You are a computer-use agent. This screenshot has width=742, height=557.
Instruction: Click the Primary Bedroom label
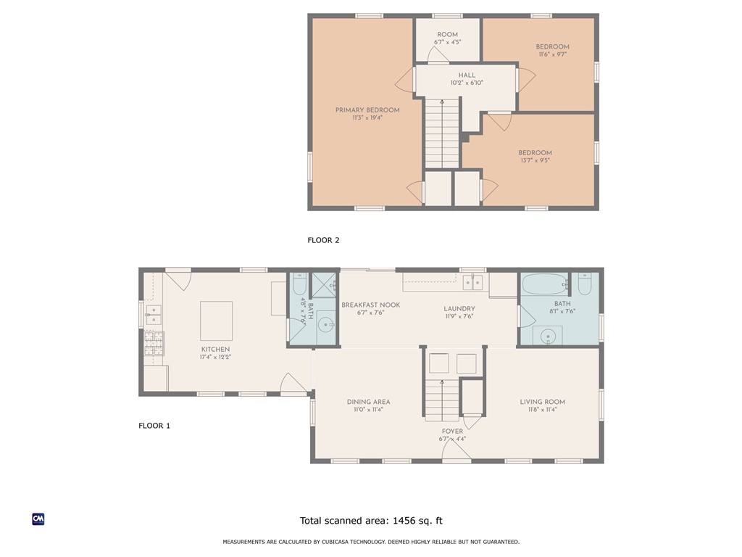coord(367,110)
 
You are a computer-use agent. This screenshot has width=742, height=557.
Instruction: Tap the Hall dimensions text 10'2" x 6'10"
coord(467,83)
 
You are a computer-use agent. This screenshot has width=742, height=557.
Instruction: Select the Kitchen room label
coord(215,349)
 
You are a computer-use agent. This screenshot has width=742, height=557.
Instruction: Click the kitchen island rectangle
coord(216,321)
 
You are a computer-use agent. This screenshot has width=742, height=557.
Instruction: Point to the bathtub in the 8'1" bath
coord(544,284)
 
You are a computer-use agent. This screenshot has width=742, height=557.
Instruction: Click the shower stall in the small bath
coord(324,284)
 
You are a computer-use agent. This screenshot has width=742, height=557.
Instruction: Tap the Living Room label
coord(542,402)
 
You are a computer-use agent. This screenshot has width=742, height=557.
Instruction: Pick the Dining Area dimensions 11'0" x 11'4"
coord(368,410)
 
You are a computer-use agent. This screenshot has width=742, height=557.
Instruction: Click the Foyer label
coord(452,431)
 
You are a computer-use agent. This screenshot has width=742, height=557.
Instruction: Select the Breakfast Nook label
coord(370,305)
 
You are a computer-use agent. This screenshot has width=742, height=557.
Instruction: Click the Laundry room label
coord(459,309)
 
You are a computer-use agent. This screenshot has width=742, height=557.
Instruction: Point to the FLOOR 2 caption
coord(323,240)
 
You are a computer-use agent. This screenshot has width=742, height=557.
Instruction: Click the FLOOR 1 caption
coord(154,426)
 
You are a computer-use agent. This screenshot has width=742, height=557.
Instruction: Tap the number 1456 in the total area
coord(403,521)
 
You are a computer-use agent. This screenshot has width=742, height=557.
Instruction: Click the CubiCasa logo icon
coord(38,519)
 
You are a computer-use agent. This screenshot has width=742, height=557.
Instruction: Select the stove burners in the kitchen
coord(154,343)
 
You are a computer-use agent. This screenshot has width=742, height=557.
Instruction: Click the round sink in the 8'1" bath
coord(548,335)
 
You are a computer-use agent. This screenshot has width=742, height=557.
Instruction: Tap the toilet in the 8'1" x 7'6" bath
coord(585,284)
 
